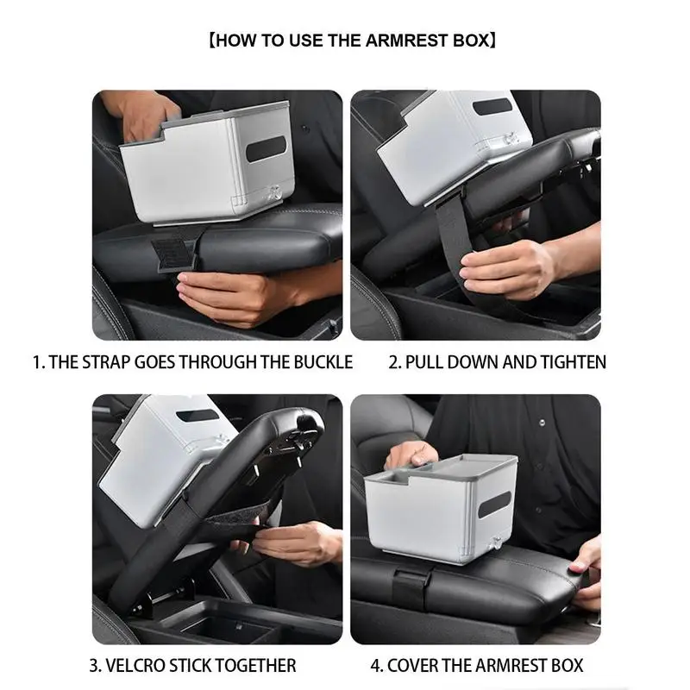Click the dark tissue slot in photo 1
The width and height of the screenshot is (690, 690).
click(266, 148)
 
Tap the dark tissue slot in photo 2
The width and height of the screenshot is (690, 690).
click(492, 106)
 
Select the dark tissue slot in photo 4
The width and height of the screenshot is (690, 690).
click(494, 505)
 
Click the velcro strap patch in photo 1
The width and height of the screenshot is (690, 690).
click(175, 254)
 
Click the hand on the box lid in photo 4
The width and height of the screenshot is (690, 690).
click(411, 455)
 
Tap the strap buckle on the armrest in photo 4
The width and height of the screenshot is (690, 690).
click(411, 583)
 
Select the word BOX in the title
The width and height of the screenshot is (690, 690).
click(471, 41)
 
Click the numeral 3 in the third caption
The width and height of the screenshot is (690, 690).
click(94, 665)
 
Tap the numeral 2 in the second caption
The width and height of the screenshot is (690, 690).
click(394, 362)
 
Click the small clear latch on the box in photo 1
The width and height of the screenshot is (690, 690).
click(274, 192)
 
